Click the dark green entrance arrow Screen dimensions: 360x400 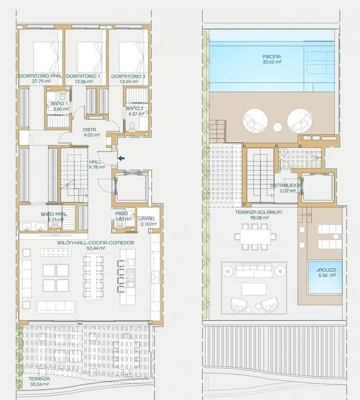(121, 158)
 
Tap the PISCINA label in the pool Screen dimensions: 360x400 (272, 56)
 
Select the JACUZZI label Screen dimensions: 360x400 (326, 270)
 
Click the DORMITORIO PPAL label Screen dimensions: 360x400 (41, 76)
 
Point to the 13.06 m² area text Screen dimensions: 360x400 (83, 81)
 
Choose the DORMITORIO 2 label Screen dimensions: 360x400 (128, 76)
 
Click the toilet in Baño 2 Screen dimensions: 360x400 (132, 126)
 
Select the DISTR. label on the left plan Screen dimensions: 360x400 (90, 130)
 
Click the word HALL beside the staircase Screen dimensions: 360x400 (95, 162)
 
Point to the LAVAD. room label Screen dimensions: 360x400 (147, 219)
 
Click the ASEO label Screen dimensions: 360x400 (121, 213)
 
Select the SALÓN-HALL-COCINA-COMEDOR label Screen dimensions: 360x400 (95, 243)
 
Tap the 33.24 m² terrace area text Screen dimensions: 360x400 (39, 384)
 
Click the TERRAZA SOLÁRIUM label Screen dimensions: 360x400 (258, 213)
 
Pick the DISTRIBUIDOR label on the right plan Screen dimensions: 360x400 (286, 185)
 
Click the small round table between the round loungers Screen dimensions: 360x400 (277, 127)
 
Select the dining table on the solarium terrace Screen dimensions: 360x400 (255, 237)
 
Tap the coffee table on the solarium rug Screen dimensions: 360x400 (254, 289)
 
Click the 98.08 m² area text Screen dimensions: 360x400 (259, 218)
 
